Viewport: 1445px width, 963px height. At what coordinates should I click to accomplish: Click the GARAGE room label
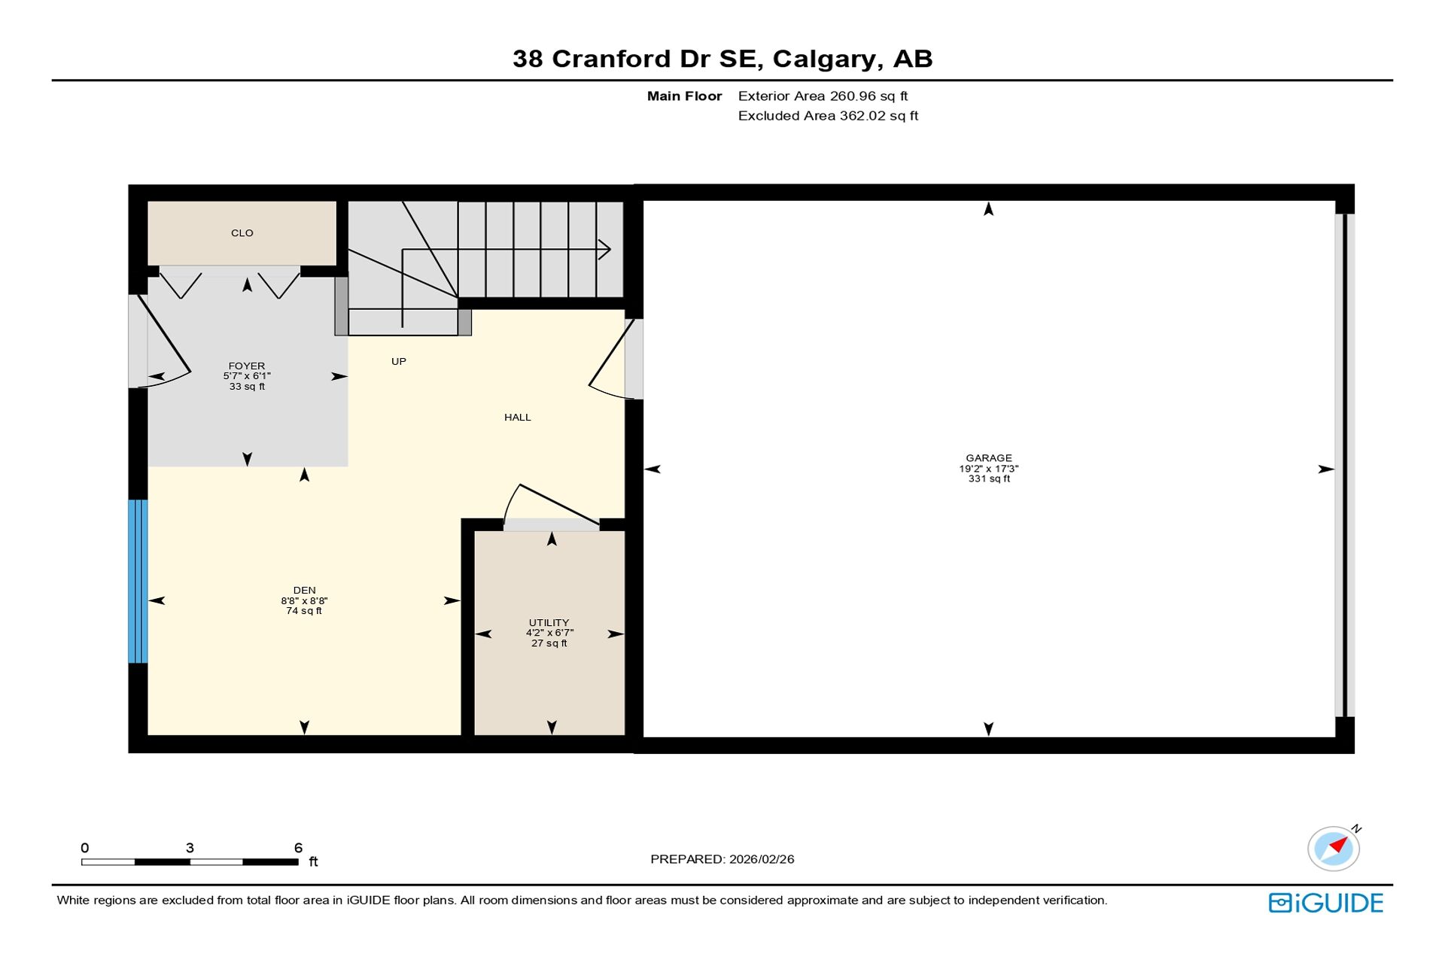point(989,457)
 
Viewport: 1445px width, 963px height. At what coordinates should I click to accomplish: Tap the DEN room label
point(305,591)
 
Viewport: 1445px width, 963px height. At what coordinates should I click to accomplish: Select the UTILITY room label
point(549,623)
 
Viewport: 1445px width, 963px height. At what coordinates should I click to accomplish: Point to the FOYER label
point(247,366)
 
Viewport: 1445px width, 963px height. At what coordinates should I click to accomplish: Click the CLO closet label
point(242,233)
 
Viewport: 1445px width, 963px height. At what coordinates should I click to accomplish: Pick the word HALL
point(518,418)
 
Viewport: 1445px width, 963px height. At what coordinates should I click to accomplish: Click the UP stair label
point(399,362)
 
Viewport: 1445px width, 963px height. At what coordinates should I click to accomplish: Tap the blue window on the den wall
point(138,581)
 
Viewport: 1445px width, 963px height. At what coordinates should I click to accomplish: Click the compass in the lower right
point(1334,848)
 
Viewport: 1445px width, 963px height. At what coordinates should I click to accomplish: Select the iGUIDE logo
point(1326,903)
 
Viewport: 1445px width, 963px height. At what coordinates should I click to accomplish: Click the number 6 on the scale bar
point(298,848)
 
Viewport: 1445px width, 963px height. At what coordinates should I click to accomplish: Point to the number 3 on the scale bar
point(190,848)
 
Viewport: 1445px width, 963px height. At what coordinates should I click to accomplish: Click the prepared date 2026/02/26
point(762,859)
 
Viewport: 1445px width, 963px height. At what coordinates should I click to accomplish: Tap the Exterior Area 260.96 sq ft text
point(823,96)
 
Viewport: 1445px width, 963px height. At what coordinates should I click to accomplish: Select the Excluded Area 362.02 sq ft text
point(829,116)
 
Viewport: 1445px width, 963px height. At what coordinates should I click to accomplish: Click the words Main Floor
point(685,96)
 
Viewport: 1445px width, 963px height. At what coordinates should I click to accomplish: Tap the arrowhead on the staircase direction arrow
point(604,249)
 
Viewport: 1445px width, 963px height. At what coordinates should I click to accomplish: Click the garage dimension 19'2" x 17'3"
point(989,469)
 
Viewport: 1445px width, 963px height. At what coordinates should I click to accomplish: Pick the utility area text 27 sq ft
point(549,644)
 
